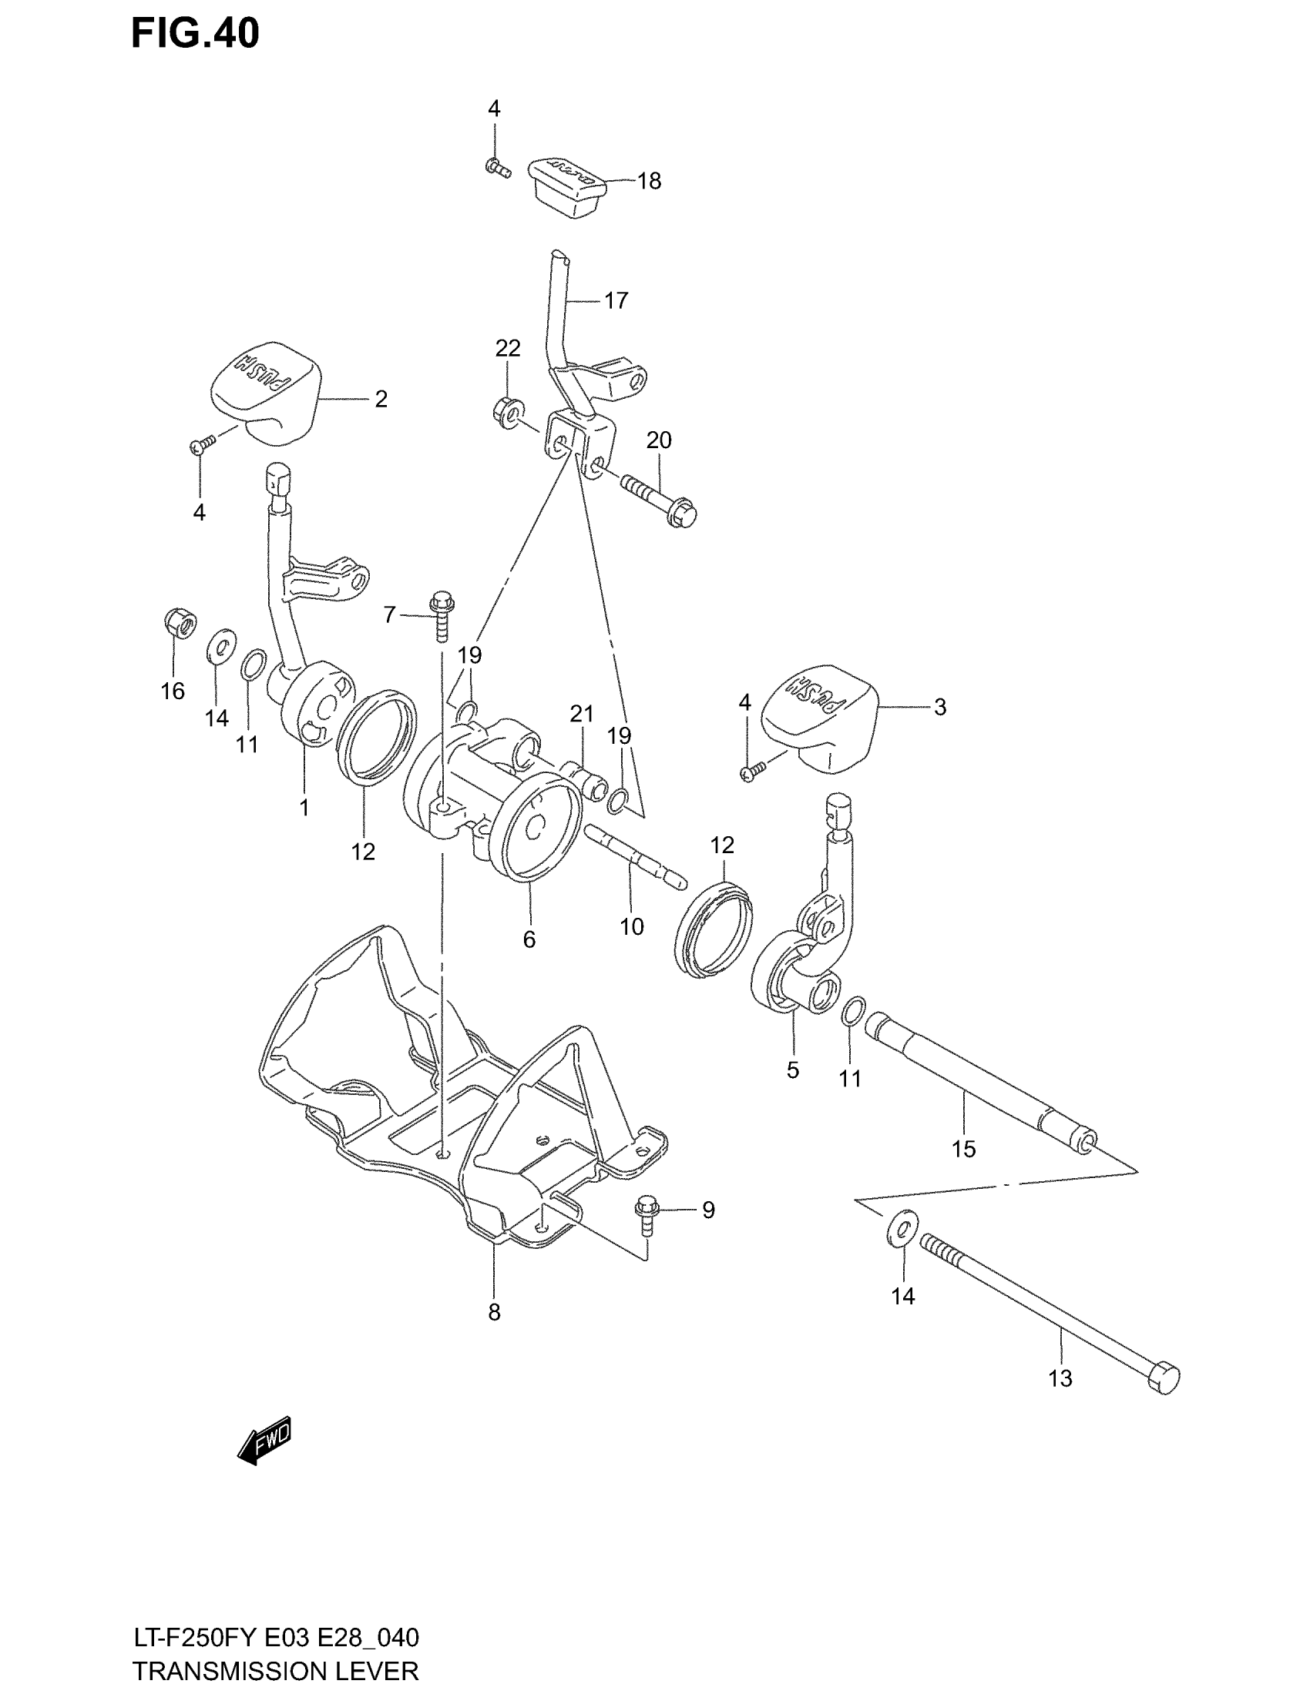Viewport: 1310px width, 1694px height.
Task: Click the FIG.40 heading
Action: (195, 34)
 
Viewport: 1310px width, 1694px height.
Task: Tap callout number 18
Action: (649, 181)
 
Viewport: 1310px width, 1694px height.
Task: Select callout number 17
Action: (616, 300)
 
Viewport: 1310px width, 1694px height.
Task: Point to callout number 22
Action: (508, 348)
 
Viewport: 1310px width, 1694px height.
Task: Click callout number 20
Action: (659, 440)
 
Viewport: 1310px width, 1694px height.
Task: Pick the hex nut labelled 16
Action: (180, 622)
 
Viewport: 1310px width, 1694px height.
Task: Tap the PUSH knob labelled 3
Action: (818, 717)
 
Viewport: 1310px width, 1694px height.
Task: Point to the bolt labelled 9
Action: (647, 1216)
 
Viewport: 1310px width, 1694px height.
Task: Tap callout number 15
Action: (963, 1149)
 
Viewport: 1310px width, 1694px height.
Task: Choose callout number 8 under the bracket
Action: (495, 1311)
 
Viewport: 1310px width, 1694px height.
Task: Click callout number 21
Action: (581, 713)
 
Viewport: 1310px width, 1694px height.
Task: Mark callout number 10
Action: (632, 926)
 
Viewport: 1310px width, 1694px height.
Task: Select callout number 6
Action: (529, 939)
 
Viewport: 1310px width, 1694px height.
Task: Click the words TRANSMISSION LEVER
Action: (276, 1670)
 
